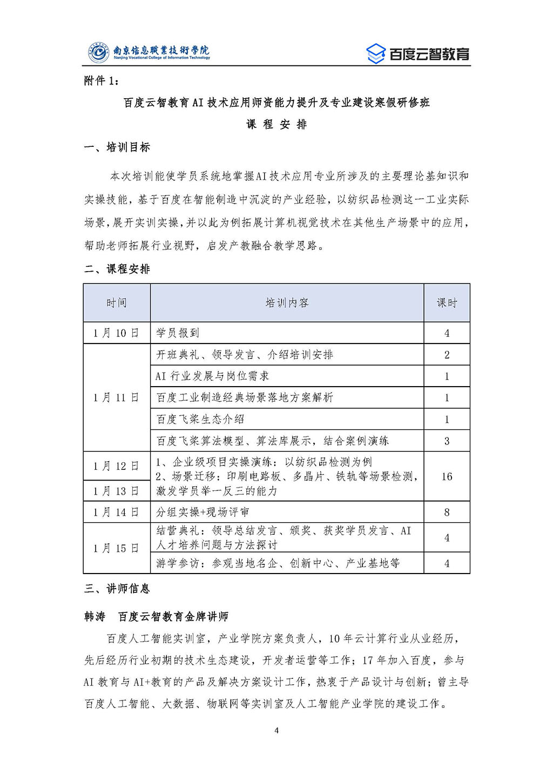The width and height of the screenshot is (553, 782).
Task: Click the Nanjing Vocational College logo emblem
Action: [x=99, y=52]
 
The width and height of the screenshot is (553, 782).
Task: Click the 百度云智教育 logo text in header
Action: [x=429, y=54]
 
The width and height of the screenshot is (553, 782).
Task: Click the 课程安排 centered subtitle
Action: [x=276, y=124]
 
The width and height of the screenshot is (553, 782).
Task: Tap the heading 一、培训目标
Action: [x=117, y=147]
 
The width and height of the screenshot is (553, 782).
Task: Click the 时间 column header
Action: [x=117, y=303]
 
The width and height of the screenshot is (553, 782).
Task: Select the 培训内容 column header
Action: [x=287, y=303]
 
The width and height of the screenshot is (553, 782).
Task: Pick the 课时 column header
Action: [x=447, y=303]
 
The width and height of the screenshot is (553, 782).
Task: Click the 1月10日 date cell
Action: [x=116, y=333]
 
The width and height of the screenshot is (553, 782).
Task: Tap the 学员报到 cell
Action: [x=178, y=333]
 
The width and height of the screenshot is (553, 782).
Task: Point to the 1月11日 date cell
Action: [x=116, y=397]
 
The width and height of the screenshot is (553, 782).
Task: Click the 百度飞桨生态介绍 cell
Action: [x=200, y=419]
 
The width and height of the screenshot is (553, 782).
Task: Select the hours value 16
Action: [x=447, y=476]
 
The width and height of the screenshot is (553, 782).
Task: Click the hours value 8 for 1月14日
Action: [x=447, y=512]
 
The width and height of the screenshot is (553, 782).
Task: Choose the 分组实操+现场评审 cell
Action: [x=203, y=512]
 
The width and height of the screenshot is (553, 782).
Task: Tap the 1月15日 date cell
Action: [x=116, y=548]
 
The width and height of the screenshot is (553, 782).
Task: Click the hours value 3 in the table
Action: [x=447, y=441]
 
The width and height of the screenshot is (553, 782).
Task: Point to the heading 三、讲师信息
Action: [x=117, y=589]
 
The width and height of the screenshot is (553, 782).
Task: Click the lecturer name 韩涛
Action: [x=95, y=617]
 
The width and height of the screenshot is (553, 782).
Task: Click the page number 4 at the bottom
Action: [x=276, y=731]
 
